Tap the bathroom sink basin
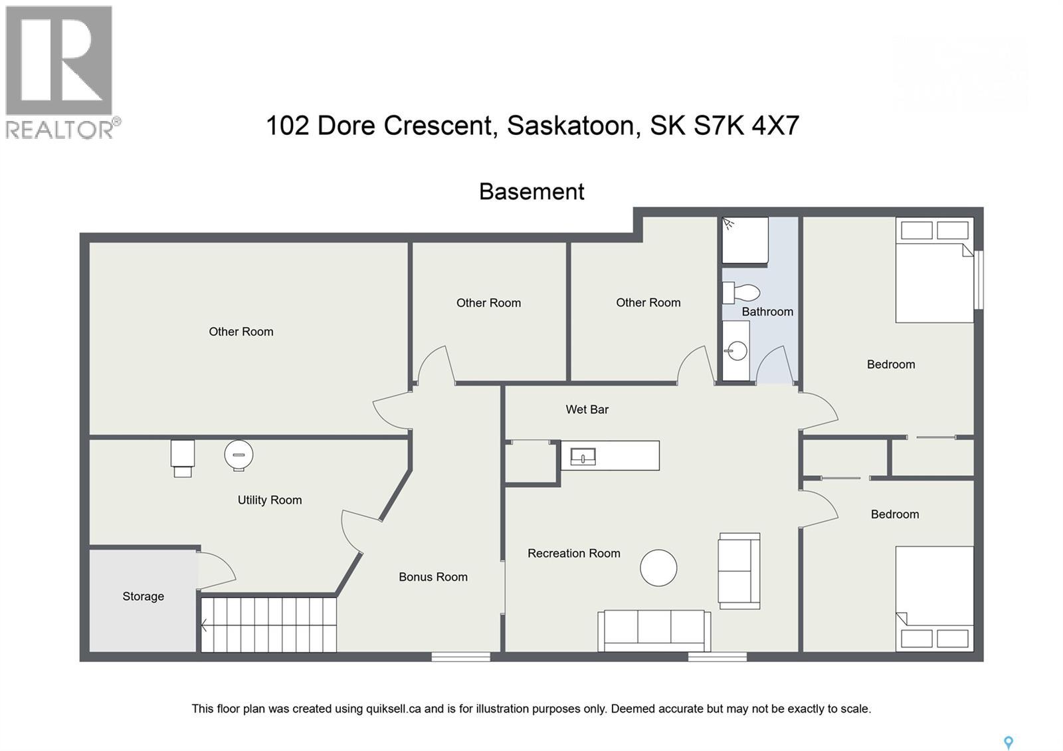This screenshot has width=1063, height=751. [736, 350]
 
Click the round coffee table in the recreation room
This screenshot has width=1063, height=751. [658, 568]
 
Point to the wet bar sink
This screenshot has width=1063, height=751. [583, 457]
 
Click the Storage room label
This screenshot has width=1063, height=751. [143, 596]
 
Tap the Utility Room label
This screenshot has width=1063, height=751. [270, 500]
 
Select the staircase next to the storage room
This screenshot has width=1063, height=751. [268, 625]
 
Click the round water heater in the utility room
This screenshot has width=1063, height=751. [239, 455]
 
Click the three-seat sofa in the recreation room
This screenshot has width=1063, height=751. [654, 630]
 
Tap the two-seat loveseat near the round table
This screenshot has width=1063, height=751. [739, 570]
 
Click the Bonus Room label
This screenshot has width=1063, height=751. [433, 577]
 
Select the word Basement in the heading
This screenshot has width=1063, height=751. [531, 191]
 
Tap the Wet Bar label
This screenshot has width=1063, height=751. [587, 409]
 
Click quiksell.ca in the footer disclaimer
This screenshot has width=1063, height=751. [393, 708]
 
